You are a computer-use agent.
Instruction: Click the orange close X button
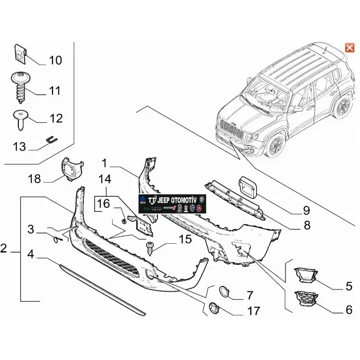pos(349,48)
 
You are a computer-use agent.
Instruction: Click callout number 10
pos(55,61)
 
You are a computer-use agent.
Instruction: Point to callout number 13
pos(19,147)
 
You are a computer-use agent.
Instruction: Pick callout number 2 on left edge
pos(4,249)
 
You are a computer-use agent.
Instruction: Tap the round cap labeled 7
pos(225,291)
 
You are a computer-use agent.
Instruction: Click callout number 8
pos(307,225)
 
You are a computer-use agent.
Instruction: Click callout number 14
pos(105,180)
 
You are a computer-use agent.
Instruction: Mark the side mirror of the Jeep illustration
pos(298,109)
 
